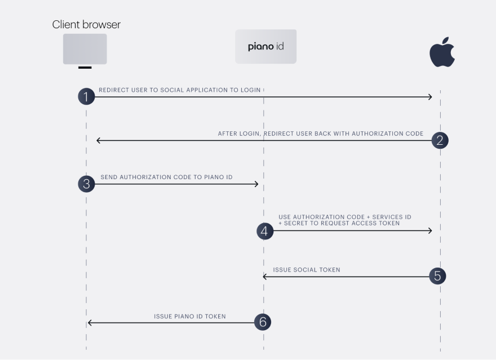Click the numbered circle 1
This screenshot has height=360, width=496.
point(86,96)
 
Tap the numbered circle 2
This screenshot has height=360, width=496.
point(440,140)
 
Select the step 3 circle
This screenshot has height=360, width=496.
point(86,184)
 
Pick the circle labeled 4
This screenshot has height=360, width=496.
point(265,231)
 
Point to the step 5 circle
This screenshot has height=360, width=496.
point(437,276)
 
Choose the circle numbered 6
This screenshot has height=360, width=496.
point(263,322)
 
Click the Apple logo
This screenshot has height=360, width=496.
point(442,52)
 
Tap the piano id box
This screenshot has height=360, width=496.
point(265,46)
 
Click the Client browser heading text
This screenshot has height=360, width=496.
point(86,25)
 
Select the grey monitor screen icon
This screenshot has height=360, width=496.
point(85,49)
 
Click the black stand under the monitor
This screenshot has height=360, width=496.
point(85,67)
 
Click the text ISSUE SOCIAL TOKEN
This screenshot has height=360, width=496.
point(307,270)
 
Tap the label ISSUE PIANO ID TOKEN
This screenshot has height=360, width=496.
point(190,317)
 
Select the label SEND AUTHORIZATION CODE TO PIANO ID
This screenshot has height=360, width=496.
point(166,177)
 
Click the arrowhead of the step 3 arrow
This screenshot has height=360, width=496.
point(257,184)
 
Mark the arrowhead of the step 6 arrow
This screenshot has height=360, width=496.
point(90,323)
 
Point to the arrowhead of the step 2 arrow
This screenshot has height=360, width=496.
point(99,140)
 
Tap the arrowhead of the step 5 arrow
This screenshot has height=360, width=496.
point(265,277)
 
